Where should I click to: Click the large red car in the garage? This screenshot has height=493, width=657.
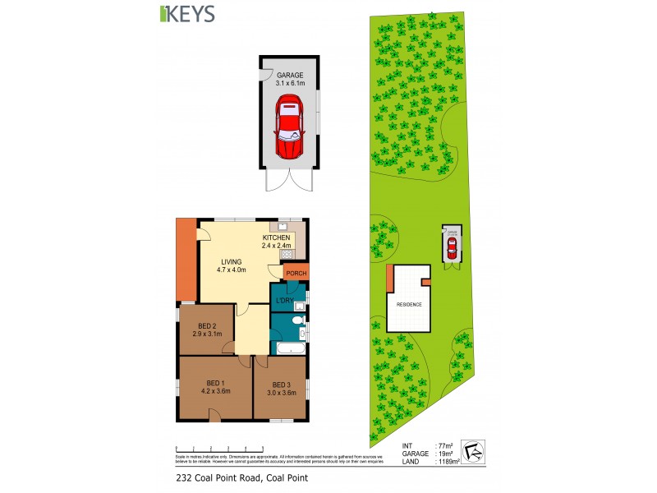click(x=289, y=128)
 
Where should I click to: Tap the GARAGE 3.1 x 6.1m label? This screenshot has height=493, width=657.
click(x=289, y=78)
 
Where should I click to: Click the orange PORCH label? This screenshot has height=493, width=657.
click(x=295, y=273)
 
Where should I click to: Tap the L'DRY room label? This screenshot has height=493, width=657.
click(x=283, y=301)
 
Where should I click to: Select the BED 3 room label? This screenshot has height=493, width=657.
click(x=281, y=389)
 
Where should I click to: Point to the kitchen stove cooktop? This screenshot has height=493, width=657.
click(x=299, y=255)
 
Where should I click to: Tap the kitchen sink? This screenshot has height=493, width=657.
click(x=283, y=226)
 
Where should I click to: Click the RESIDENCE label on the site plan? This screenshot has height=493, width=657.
click(x=409, y=305)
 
